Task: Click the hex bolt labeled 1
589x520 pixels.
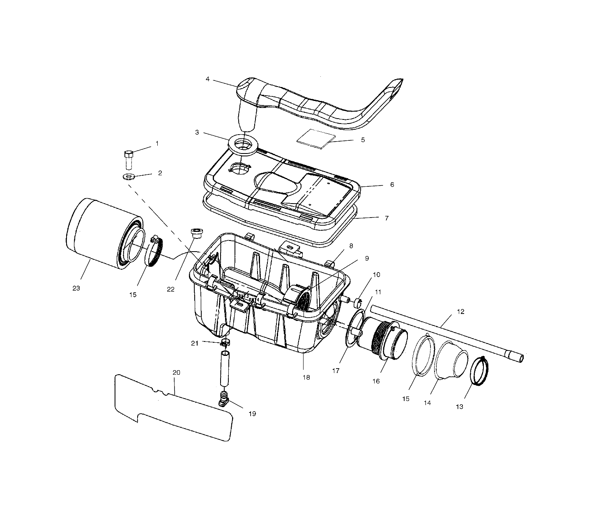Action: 128,159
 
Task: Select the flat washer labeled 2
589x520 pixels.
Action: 129,177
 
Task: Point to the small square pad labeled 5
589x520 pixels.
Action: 315,137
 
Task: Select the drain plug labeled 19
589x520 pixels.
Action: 223,399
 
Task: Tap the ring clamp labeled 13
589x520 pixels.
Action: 479,371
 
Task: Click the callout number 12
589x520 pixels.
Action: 460,312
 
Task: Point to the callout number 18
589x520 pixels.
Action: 306,377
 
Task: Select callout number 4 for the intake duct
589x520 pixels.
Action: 207,79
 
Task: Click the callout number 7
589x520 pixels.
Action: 387,218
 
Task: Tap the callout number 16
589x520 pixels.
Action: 376,381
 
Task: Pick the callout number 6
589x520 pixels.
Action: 392,185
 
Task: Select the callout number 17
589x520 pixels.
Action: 336,371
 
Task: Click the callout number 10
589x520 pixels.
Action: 376,274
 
